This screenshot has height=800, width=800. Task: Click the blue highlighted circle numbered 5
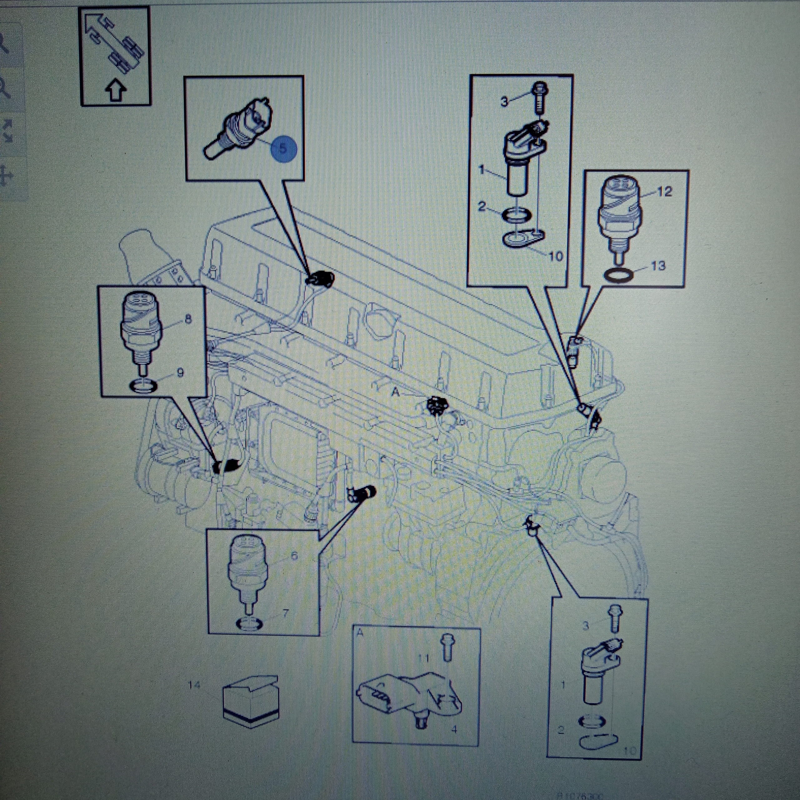click(x=284, y=149)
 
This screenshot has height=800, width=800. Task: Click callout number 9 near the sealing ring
click(x=180, y=373)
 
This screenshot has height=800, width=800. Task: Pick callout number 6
click(x=294, y=555)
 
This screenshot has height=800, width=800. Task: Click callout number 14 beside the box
click(x=194, y=685)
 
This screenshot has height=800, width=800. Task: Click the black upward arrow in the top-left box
click(x=116, y=92)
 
